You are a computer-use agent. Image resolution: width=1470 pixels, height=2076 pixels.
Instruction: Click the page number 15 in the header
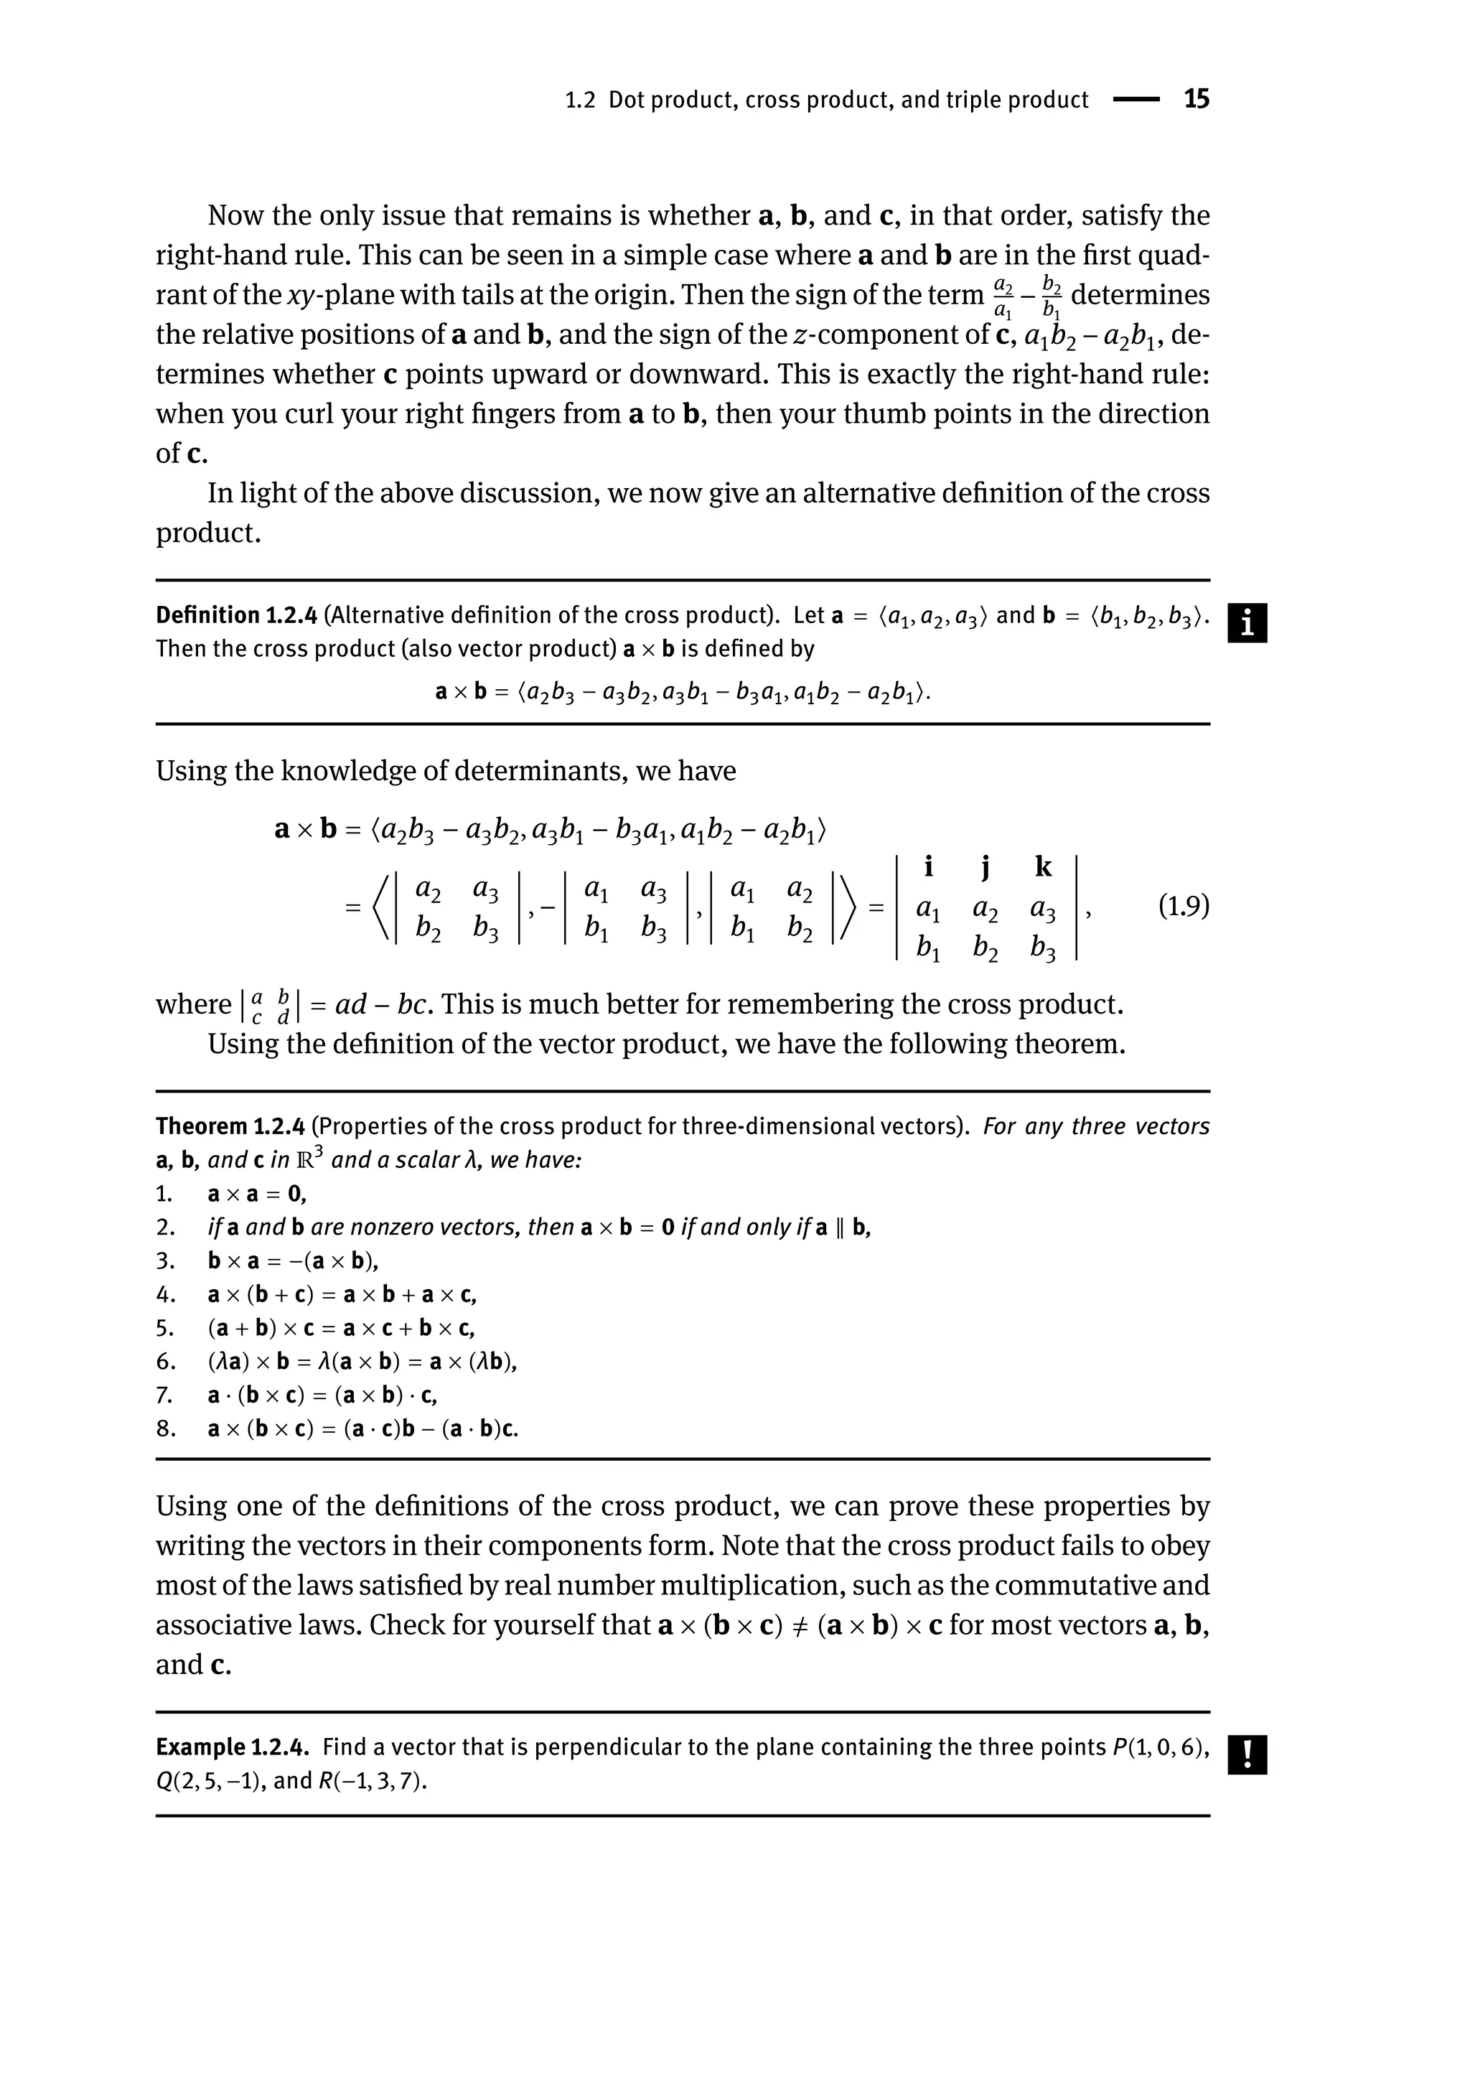coord(1196,100)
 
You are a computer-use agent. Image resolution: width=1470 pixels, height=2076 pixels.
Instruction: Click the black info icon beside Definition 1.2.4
coord(1247,624)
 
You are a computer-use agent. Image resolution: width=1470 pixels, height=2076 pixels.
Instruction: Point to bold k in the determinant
coord(1043,867)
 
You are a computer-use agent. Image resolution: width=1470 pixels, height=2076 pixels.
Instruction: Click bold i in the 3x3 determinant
coord(928,867)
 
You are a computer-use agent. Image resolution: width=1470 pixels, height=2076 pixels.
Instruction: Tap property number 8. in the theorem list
coord(165,1429)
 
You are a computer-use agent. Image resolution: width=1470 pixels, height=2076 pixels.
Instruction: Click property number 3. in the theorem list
coord(165,1261)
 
